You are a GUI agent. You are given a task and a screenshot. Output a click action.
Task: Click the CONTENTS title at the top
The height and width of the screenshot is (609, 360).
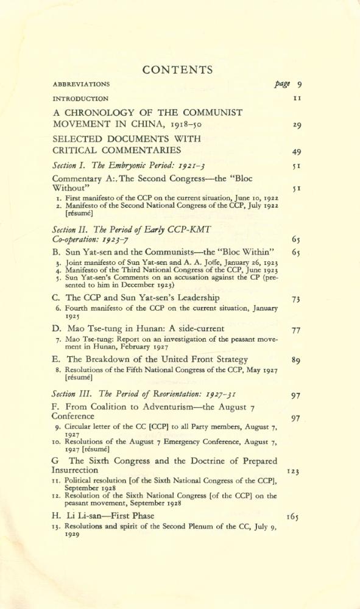click(x=180, y=69)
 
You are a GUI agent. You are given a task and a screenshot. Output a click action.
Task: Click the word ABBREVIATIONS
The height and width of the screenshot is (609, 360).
click(x=81, y=84)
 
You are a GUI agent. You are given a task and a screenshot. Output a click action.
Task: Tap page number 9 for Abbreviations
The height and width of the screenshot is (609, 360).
click(x=300, y=83)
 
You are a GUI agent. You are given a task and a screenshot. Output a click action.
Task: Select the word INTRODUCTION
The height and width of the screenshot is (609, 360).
click(x=80, y=99)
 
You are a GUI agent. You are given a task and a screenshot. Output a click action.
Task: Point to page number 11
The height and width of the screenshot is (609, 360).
click(x=297, y=98)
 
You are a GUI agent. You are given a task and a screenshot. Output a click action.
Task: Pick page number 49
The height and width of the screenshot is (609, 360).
click(x=297, y=152)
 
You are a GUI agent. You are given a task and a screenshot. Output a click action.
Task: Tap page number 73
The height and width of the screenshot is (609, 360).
click(x=297, y=299)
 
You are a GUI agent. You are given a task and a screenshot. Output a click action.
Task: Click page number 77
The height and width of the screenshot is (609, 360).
click(x=297, y=330)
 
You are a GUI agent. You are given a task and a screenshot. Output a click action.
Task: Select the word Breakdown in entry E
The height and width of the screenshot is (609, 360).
click(x=113, y=359)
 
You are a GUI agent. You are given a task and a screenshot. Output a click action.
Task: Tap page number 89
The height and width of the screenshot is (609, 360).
click(x=297, y=361)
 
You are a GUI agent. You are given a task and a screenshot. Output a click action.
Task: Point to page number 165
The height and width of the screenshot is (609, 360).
click(x=292, y=517)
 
